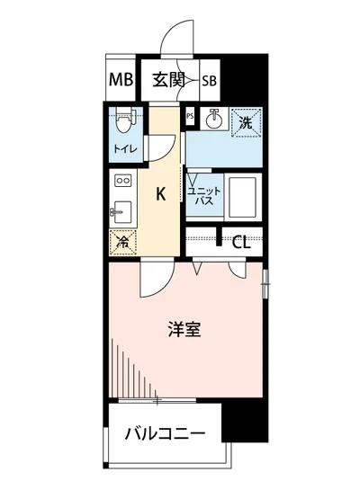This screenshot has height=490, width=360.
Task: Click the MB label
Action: pyautogui.click(x=121, y=80)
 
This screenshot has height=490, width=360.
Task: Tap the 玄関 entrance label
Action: pyautogui.click(x=168, y=80)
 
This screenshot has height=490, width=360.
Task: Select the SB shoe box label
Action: pyautogui.click(x=209, y=81)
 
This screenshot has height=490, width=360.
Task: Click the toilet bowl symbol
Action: pyautogui.click(x=125, y=118)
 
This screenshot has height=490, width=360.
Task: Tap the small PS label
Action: pyautogui.click(x=190, y=116)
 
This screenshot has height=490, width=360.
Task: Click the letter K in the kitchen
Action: pyautogui.click(x=161, y=192)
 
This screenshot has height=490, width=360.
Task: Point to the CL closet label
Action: pyautogui.click(x=241, y=241)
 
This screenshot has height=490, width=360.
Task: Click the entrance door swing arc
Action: pyautogui.click(x=175, y=34)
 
